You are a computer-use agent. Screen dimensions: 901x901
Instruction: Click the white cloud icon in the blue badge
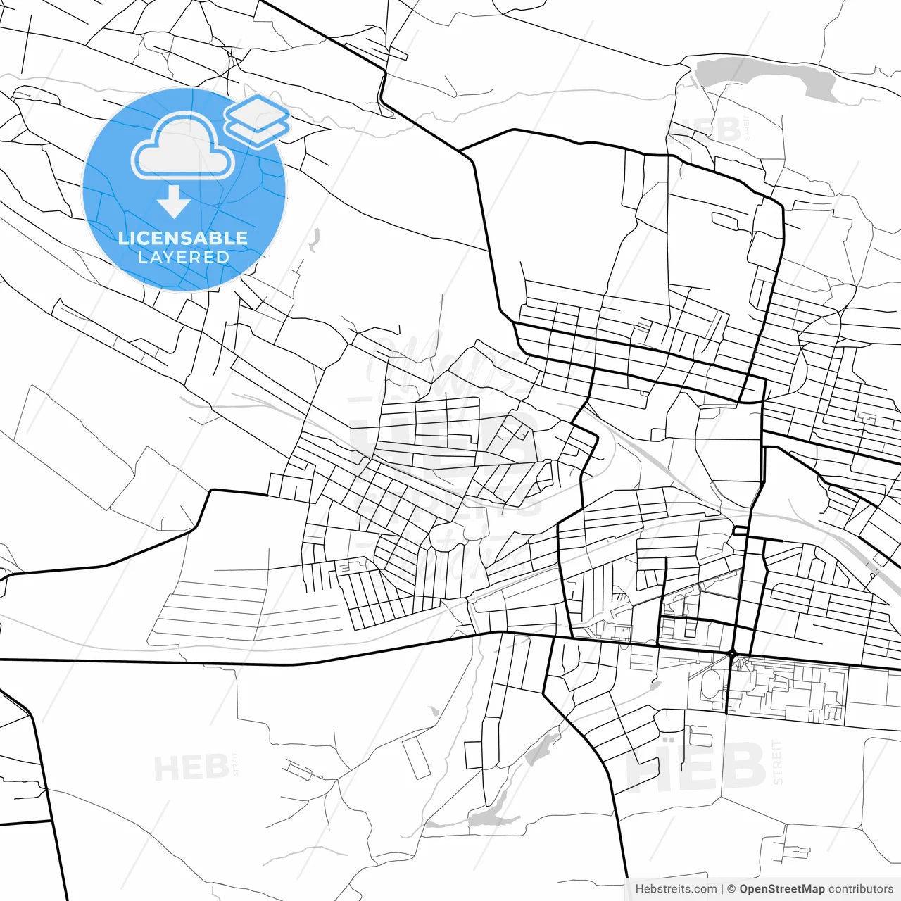pos(183,146)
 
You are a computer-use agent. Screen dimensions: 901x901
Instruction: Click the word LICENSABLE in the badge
pos(183,238)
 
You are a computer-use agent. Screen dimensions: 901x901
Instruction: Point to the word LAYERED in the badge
pos(183,258)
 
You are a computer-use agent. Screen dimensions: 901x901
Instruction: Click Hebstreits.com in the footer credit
pos(676,889)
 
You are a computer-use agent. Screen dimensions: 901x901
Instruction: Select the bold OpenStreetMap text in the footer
pos(781,889)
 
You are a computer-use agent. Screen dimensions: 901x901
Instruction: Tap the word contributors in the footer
pos(861,889)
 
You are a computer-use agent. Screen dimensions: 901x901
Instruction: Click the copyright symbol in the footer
pos(731,889)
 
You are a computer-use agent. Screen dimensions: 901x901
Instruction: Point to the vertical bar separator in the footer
pos(722,889)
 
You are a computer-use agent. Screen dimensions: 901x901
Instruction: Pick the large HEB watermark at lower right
pos(695,767)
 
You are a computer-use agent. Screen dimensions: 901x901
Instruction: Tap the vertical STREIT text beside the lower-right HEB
pos(777,762)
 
